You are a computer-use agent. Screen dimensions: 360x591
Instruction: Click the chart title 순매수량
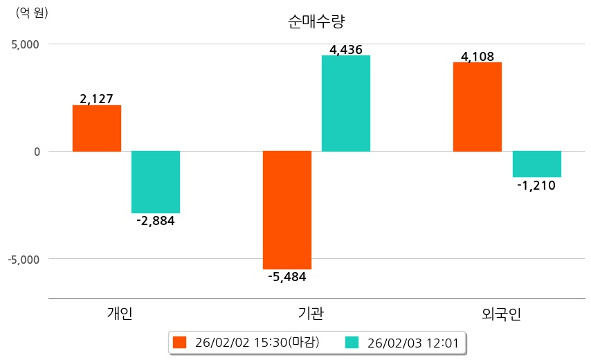[316, 21]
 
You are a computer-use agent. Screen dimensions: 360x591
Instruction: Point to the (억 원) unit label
[32, 12]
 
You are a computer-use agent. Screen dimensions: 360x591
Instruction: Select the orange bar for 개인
[97, 128]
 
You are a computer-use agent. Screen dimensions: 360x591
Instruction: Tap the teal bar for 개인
[156, 182]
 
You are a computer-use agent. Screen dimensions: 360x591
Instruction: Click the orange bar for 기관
[287, 210]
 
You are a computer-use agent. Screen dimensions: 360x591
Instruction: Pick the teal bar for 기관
[346, 103]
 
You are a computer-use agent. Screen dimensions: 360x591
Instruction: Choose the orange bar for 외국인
[478, 107]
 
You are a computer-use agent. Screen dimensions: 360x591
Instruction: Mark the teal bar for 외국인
[537, 164]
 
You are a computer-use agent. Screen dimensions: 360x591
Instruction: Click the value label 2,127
[97, 99]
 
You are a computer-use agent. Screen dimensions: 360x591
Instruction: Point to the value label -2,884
[156, 221]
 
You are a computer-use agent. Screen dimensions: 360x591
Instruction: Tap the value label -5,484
[287, 277]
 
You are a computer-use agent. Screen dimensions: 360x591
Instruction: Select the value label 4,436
[346, 49]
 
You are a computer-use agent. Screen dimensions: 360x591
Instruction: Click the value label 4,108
[478, 56]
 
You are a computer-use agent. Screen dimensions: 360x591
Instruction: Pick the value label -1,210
[536, 185]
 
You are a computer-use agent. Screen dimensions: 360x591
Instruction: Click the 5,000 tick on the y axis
[25, 44]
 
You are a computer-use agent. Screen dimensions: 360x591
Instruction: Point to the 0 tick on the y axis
[37, 152]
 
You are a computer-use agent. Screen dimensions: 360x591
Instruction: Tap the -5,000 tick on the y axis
[23, 259]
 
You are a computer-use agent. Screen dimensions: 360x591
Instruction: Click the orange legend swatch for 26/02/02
[180, 342]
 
